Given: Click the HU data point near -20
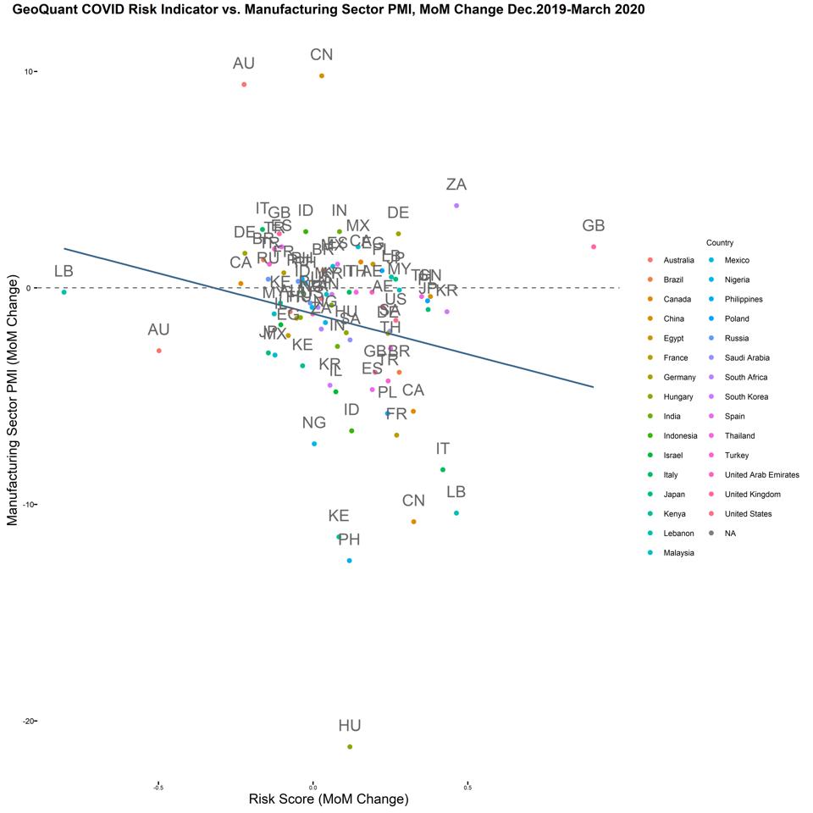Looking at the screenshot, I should coord(350,747).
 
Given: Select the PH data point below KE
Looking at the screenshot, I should coord(349,561).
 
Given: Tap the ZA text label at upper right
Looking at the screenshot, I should coord(456,185).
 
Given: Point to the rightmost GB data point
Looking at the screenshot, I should coord(594,246).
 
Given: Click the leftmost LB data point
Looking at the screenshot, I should coord(64,292).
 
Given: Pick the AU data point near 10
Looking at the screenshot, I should coord(244,85).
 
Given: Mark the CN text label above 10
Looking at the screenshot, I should coord(322,55).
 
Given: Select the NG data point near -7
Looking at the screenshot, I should coord(314,444).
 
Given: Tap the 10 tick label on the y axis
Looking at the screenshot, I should coord(28,71).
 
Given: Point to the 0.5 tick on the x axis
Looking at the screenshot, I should coord(467,787).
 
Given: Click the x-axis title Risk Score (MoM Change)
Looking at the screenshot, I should coord(329,799).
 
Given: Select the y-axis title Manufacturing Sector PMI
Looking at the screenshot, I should coord(13,404).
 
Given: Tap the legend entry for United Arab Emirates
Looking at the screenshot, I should coord(762,475).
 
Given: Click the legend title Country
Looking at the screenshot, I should coord(720,243).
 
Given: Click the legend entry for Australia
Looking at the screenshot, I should coord(679,261).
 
